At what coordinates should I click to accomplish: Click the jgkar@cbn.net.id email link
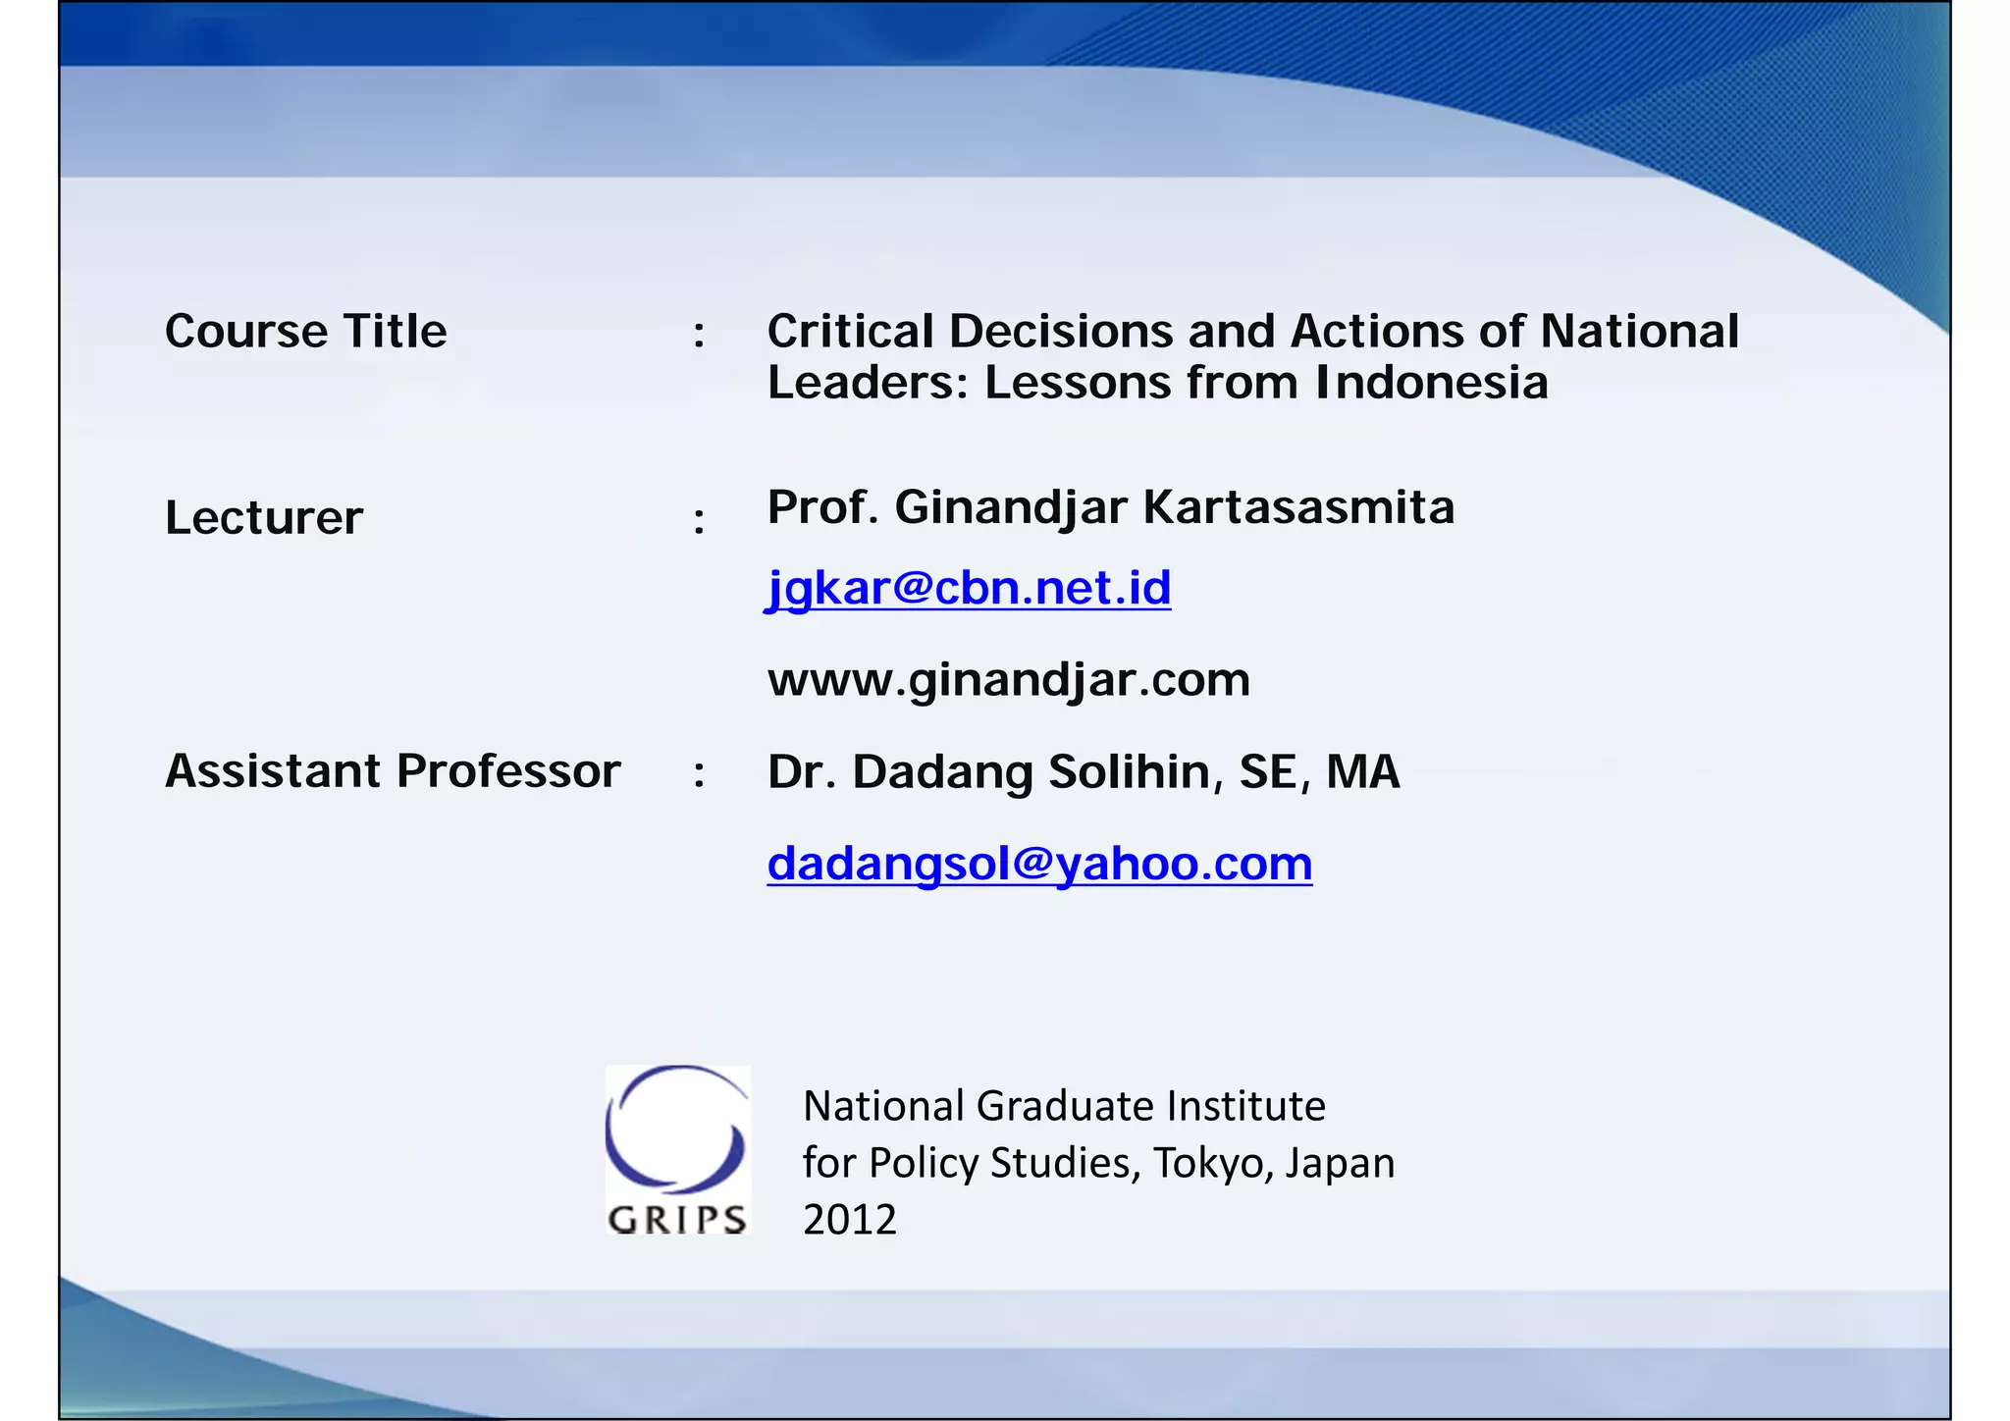pyautogui.click(x=969, y=588)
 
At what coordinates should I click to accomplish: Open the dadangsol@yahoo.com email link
pyautogui.click(x=1039, y=864)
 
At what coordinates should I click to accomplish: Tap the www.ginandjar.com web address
pyautogui.click(x=1009, y=679)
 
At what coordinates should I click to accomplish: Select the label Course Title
pyautogui.click(x=305, y=331)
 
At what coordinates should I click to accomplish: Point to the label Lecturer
pyautogui.click(x=264, y=517)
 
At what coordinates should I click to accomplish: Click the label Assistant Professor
pyautogui.click(x=393, y=770)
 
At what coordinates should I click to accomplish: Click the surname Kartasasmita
pyautogui.click(x=1298, y=507)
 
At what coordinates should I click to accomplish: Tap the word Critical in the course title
pyautogui.click(x=850, y=331)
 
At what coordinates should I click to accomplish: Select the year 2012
pyautogui.click(x=850, y=1220)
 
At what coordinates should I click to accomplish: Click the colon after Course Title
pyautogui.click(x=699, y=334)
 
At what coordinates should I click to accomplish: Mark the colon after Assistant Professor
pyautogui.click(x=699, y=773)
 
